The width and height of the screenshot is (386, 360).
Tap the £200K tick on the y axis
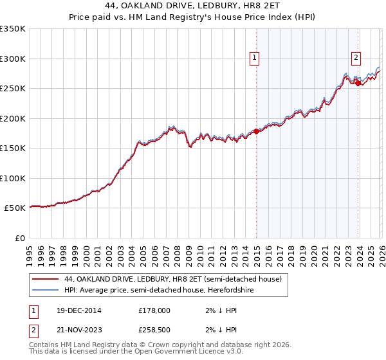pos(13,118)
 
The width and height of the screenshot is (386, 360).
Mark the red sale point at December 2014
pos(257,131)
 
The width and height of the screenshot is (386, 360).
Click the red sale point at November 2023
pos(358,83)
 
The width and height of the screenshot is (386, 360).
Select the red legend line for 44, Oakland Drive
pos(46,280)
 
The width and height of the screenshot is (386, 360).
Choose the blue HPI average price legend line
pos(46,289)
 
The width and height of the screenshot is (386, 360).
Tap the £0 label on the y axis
pos(19,238)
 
